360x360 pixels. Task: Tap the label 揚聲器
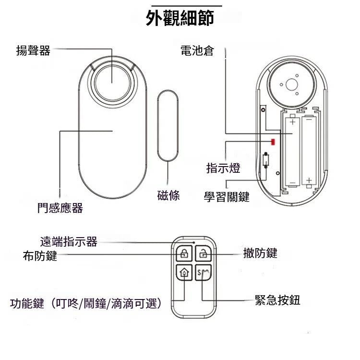point(33,50)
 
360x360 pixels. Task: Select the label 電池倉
point(197,50)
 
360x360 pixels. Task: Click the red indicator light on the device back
point(273,142)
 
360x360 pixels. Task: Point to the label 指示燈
point(223,168)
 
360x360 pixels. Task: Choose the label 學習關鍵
point(227,197)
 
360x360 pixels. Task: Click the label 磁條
point(168,195)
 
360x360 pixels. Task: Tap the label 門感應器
point(60,208)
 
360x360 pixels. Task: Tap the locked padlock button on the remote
point(184,254)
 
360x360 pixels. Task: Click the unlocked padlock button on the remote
point(203,254)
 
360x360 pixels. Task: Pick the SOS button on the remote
point(203,273)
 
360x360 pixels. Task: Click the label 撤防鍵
point(260,253)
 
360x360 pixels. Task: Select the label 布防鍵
point(40,256)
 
